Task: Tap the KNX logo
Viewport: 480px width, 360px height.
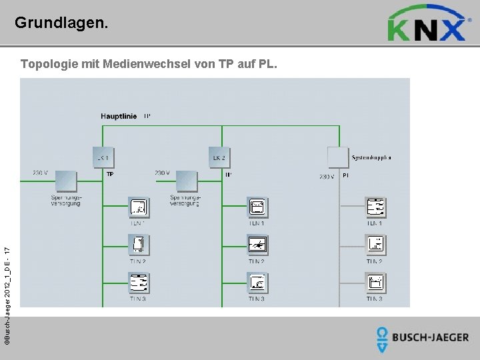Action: pyautogui.click(x=427, y=25)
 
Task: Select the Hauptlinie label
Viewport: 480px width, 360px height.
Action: pyautogui.click(x=119, y=116)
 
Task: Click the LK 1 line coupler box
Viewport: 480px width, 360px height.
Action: pyautogui.click(x=103, y=157)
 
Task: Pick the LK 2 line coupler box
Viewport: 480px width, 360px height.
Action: pyautogui.click(x=219, y=157)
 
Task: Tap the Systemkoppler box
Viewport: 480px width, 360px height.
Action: pyautogui.click(x=339, y=157)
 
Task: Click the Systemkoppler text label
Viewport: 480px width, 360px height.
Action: pyautogui.click(x=371, y=158)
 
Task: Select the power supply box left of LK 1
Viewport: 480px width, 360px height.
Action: pyautogui.click(x=65, y=181)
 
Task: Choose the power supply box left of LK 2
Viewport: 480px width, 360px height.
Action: pyautogui.click(x=187, y=181)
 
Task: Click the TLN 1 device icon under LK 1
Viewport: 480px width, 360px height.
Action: pyautogui.click(x=139, y=208)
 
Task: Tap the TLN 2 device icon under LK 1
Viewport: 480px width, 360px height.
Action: pyautogui.click(x=139, y=245)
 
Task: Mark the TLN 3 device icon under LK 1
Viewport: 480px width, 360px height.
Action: pyautogui.click(x=139, y=283)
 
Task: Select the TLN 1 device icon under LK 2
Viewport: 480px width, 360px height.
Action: pyautogui.click(x=257, y=208)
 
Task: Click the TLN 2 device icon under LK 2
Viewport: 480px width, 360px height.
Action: pyautogui.click(x=257, y=245)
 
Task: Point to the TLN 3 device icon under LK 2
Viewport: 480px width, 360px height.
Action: pyautogui.click(x=257, y=283)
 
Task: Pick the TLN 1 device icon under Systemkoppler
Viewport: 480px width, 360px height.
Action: pyautogui.click(x=375, y=208)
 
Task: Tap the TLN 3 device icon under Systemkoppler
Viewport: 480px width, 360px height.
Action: pyautogui.click(x=375, y=283)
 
